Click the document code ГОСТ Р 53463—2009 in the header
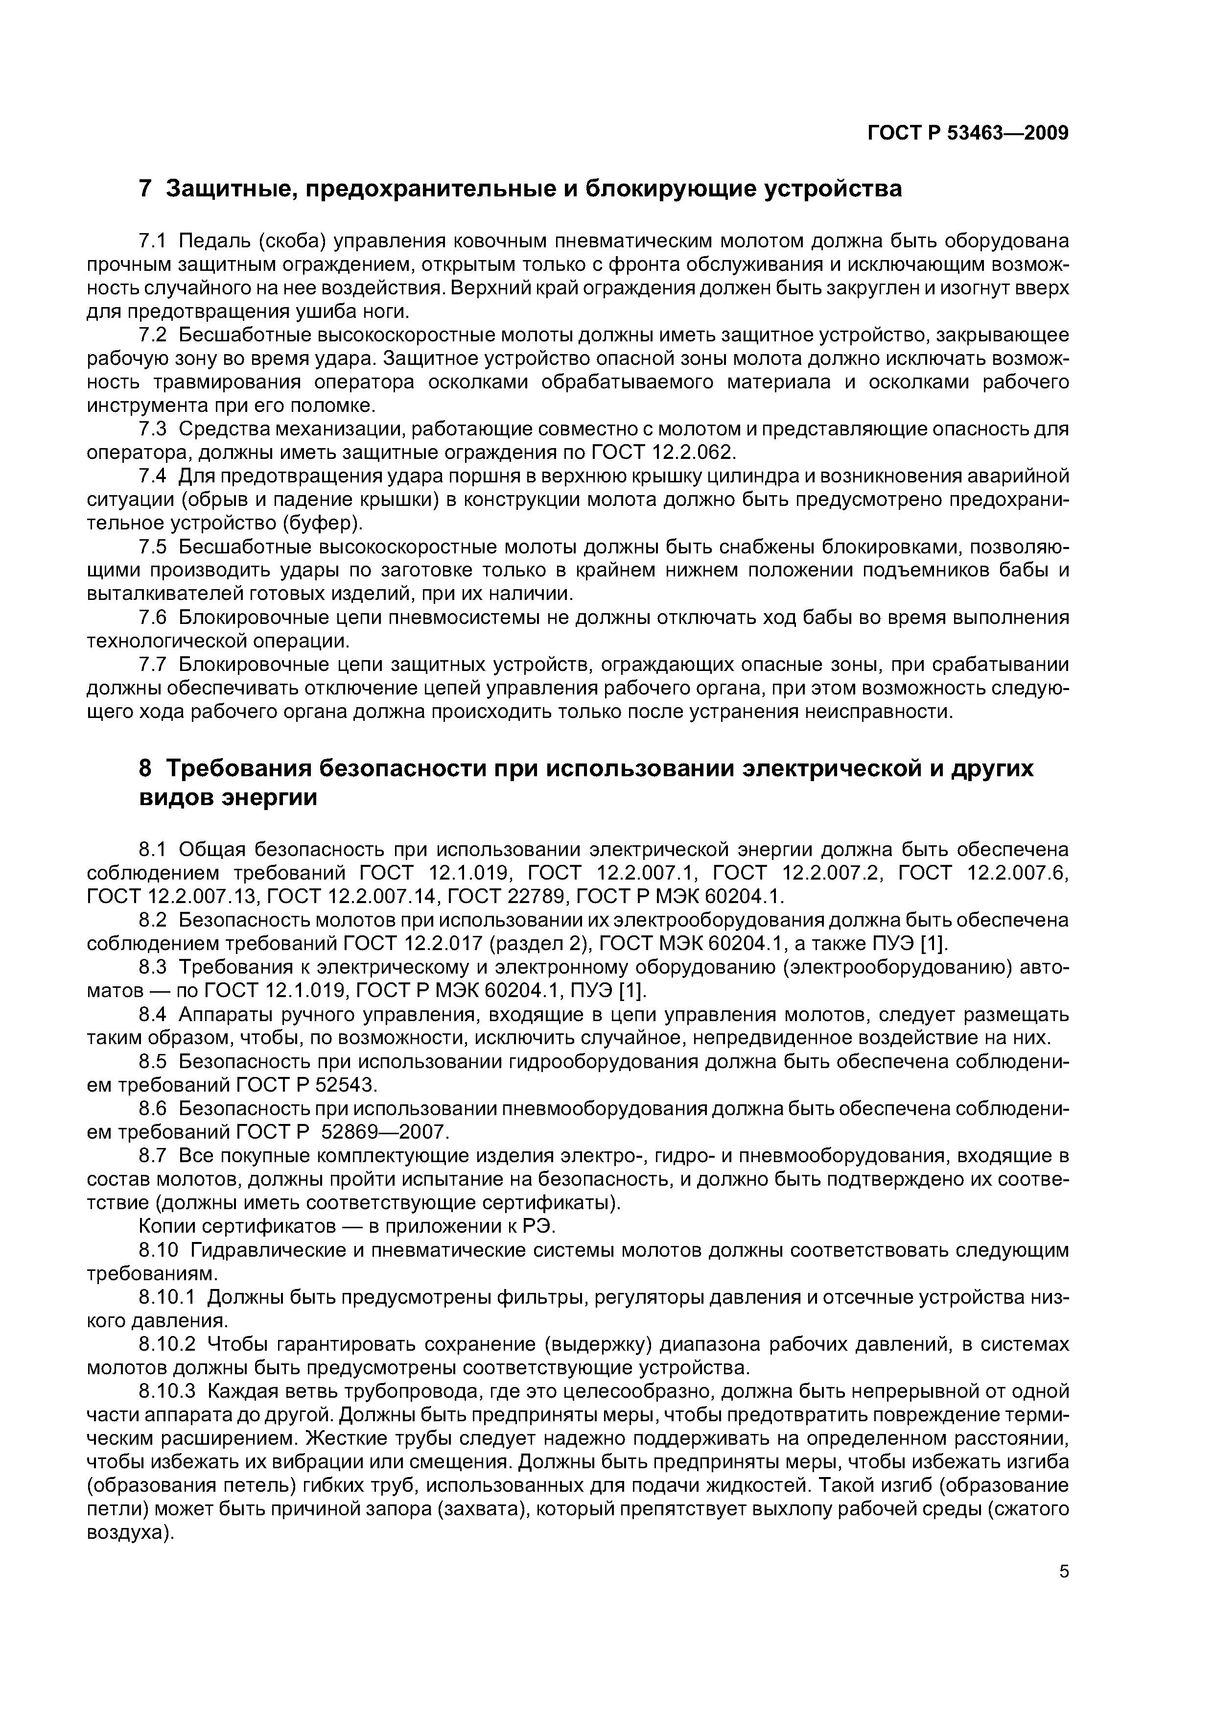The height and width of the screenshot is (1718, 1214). click(x=968, y=133)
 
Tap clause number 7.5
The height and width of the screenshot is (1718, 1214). click(x=155, y=547)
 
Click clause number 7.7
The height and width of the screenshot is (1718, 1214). click(x=155, y=665)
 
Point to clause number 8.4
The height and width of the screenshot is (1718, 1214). click(x=155, y=1015)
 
